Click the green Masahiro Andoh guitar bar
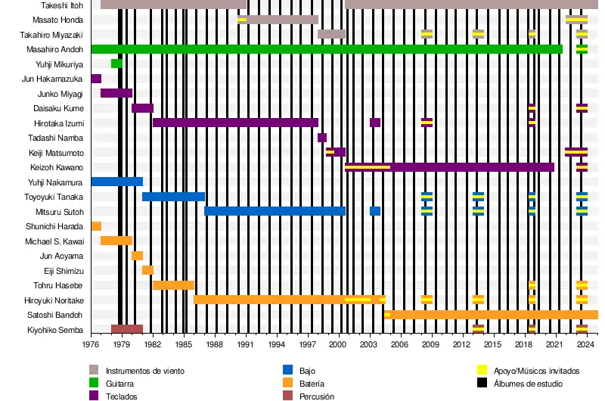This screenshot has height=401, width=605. [x=325, y=49]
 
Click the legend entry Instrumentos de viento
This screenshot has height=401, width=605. [x=144, y=371]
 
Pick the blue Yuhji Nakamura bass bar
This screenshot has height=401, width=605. [x=116, y=182]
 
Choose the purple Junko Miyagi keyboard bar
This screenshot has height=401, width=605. [x=116, y=93]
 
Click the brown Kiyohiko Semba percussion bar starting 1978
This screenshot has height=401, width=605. [x=127, y=329]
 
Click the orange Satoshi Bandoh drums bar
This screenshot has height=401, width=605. [x=492, y=315]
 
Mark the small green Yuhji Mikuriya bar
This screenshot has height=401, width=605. [x=116, y=64]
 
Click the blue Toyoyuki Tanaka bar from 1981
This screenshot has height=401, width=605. [x=173, y=197]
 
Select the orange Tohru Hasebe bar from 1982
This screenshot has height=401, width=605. [x=173, y=285]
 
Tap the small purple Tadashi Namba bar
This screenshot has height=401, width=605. [x=322, y=138]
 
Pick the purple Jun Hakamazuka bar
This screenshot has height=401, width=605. [x=96, y=79]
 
